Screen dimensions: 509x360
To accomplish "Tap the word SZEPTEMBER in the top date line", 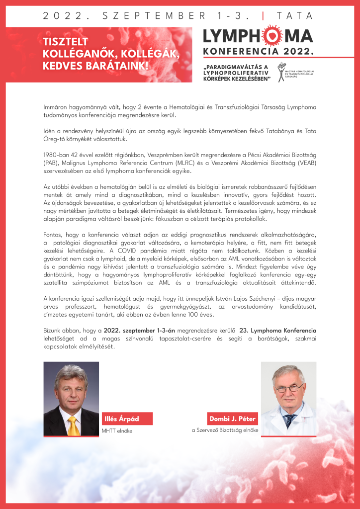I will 150,15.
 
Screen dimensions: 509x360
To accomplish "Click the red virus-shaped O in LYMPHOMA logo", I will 267,36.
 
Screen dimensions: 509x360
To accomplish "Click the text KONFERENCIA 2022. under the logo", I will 259,51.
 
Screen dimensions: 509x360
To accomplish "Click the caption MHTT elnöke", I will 117,431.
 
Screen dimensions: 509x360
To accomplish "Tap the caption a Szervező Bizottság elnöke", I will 225,430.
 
